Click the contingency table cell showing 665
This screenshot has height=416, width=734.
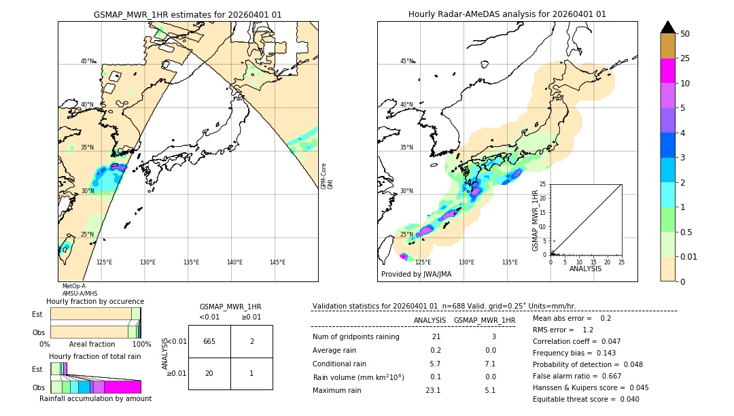pyautogui.click(x=209, y=341)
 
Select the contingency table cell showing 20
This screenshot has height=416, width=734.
pyautogui.click(x=209, y=374)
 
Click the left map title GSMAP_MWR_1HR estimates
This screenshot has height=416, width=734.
pyautogui.click(x=188, y=14)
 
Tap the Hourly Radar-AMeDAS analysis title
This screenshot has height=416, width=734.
pyautogui.click(x=507, y=14)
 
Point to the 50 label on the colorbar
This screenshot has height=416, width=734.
pyautogui.click(x=685, y=34)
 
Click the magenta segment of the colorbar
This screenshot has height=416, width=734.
pyautogui.click(x=667, y=71)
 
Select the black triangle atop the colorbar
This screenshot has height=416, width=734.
pyautogui.click(x=667, y=27)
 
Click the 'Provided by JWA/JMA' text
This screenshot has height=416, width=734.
pyautogui.click(x=416, y=275)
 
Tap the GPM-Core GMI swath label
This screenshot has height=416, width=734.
pyautogui.click(x=326, y=175)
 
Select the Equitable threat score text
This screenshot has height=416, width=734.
pyautogui.click(x=586, y=399)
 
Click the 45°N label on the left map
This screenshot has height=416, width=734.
pyautogui.click(x=88, y=61)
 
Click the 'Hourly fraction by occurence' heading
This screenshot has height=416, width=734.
pyautogui.click(x=95, y=301)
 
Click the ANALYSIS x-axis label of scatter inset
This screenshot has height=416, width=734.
pyautogui.click(x=586, y=268)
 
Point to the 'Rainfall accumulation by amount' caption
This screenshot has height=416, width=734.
pyautogui.click(x=95, y=398)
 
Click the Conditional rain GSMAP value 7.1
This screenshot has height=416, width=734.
pyautogui.click(x=489, y=364)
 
